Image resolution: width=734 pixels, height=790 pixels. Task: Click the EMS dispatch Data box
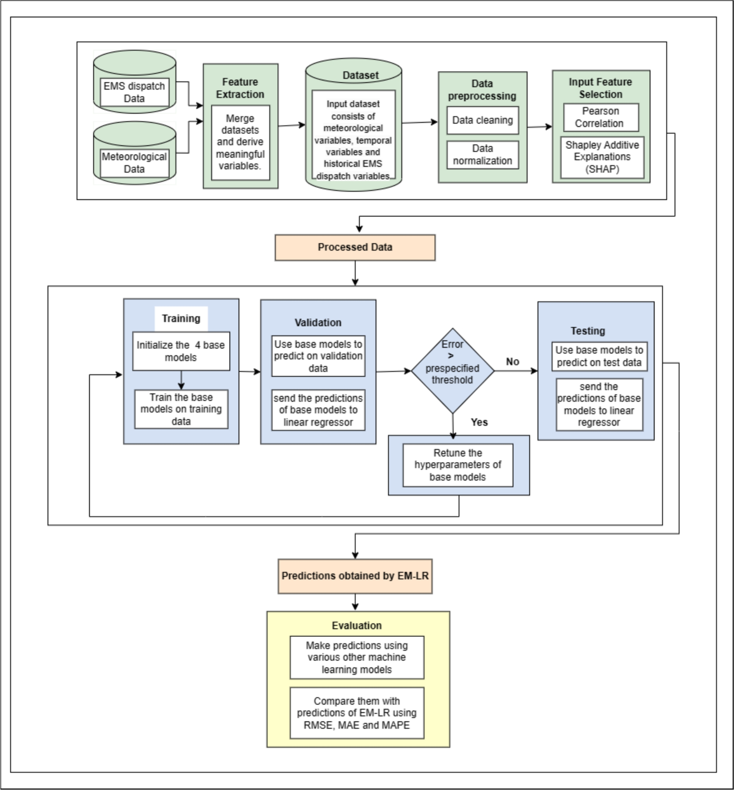[x=134, y=92]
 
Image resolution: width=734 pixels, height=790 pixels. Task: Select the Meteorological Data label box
[x=134, y=163]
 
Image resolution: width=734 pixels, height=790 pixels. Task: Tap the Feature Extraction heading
[x=240, y=88]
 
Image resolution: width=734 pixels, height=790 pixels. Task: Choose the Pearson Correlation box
[x=600, y=118]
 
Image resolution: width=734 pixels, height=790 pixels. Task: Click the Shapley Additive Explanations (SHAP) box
[x=602, y=157]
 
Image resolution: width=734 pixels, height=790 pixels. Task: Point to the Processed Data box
[x=355, y=247]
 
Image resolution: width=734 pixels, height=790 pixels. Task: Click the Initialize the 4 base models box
[x=181, y=351]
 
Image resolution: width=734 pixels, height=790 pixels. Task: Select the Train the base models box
[x=181, y=409]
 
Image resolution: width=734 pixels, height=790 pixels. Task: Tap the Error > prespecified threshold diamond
[x=452, y=371]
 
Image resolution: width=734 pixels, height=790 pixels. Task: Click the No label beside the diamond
[x=512, y=362]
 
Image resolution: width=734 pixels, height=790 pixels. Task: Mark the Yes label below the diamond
[x=479, y=422]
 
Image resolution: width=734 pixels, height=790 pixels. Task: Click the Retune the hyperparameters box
[x=457, y=465]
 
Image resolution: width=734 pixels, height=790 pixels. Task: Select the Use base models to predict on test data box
[x=599, y=357]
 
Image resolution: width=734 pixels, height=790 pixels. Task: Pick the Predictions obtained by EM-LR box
[x=355, y=576]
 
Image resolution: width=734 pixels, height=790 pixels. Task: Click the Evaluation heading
[x=357, y=626]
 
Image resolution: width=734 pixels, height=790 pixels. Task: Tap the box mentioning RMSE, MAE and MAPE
[x=357, y=713]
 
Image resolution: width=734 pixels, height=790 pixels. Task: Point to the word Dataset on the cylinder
[x=360, y=75]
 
